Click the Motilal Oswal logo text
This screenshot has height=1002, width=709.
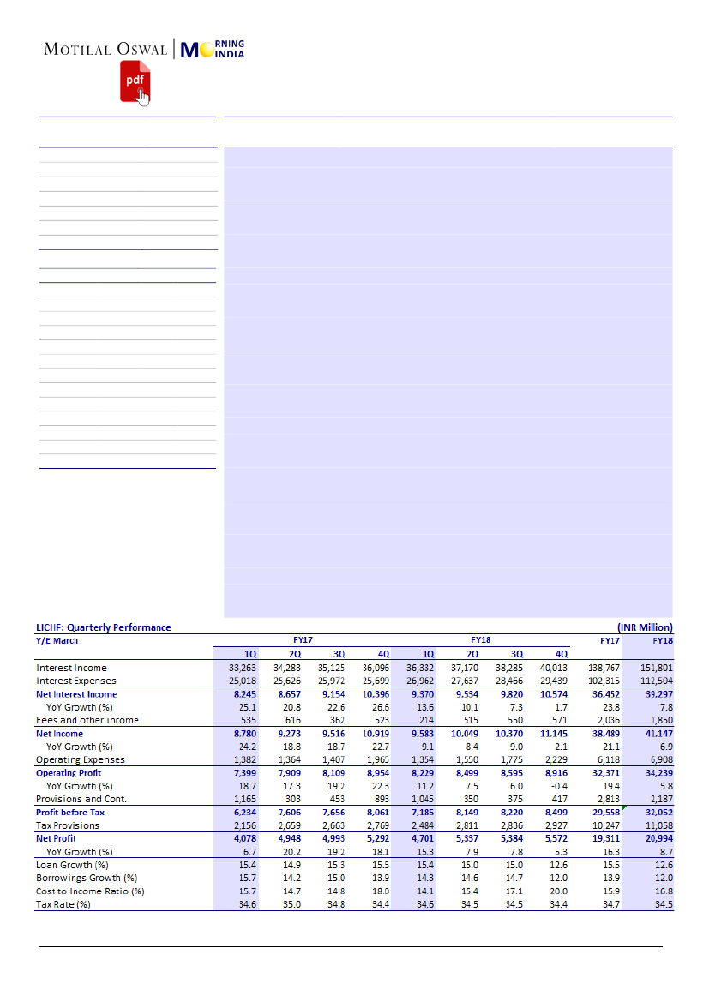point(105,49)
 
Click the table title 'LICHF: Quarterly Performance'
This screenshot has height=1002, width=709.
point(103,627)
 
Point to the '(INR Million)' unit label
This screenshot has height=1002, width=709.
point(645,627)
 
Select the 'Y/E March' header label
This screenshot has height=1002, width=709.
point(57,639)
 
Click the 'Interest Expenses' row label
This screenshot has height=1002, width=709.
point(76,681)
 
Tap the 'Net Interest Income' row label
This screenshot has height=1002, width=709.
point(76,694)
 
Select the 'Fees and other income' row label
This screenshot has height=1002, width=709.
point(87,720)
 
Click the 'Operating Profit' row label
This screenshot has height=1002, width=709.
point(69,773)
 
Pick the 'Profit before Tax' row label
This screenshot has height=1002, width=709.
point(70,813)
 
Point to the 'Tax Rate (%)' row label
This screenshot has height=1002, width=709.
point(63,904)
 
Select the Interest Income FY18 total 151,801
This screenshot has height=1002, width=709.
point(657,668)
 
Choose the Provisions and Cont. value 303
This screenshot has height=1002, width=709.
point(293,799)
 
